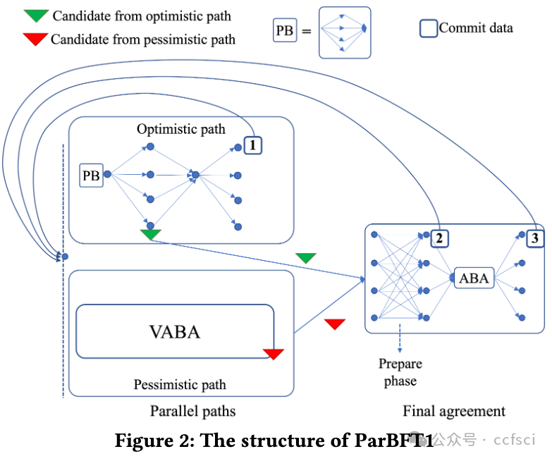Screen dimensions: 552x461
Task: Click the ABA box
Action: point(474,278)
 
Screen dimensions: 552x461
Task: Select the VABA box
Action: point(175,331)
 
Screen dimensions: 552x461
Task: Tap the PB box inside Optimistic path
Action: point(91,176)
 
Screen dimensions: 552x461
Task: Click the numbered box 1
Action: point(253,145)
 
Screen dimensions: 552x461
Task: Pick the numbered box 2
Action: point(440,238)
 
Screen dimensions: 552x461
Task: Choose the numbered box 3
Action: point(535,238)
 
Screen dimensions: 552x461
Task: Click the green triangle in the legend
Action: point(36,16)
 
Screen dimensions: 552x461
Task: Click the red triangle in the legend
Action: point(35,39)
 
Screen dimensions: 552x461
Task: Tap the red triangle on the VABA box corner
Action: point(274,354)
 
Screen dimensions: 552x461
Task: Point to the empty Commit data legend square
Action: point(429,28)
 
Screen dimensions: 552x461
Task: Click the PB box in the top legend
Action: point(285,30)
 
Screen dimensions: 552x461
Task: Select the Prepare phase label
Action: point(400,372)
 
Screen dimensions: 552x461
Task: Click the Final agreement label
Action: point(454,411)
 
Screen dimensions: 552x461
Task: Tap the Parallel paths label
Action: point(193,411)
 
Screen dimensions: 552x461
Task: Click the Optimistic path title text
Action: point(181,129)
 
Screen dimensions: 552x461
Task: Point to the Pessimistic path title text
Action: point(180,385)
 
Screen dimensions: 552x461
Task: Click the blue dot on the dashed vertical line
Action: point(65,257)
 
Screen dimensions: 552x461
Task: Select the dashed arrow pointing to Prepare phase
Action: point(400,338)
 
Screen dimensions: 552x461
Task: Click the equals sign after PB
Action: point(307,32)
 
